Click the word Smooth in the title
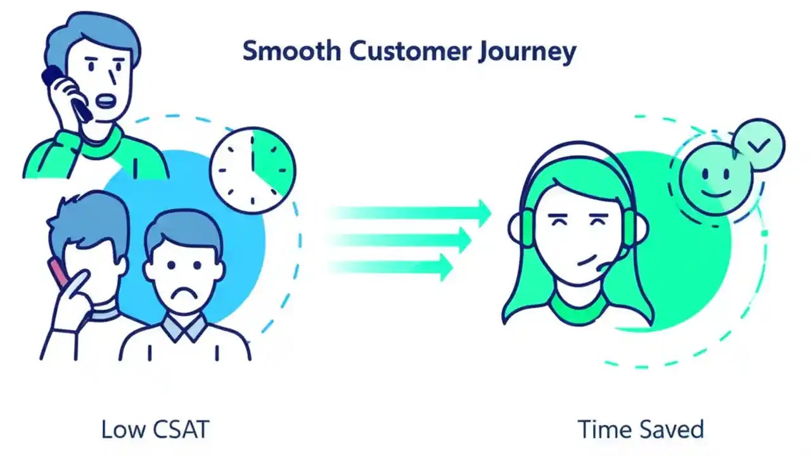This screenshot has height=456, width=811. pyautogui.click(x=291, y=51)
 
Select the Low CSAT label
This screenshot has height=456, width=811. pyautogui.click(x=155, y=429)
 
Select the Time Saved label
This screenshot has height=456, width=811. pyautogui.click(x=641, y=429)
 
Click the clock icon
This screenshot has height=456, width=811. pyautogui.click(x=252, y=170)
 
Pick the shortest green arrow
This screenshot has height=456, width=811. pyautogui.click(x=393, y=267)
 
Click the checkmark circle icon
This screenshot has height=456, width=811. pyautogui.click(x=758, y=145)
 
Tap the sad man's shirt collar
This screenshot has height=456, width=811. pyautogui.click(x=184, y=328)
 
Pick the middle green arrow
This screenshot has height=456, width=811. pyautogui.click(x=405, y=240)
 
